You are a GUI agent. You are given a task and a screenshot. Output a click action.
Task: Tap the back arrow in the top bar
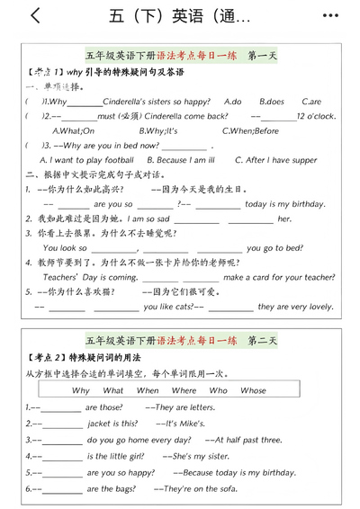(35, 15)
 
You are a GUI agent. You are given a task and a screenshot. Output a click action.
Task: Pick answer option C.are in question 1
(310, 102)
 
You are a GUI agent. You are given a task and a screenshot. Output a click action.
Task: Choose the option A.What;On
(75, 130)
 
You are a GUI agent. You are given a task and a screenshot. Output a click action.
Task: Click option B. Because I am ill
(184, 160)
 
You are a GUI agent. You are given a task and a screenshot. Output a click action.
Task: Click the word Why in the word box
(81, 390)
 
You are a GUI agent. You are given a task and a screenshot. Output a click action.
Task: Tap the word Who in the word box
(218, 390)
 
